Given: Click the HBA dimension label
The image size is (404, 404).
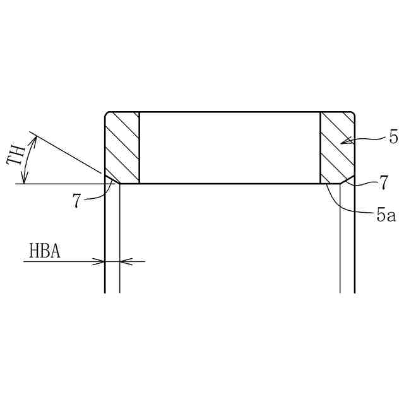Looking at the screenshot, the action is [x=45, y=251].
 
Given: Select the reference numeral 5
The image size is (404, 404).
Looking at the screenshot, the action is [x=393, y=138].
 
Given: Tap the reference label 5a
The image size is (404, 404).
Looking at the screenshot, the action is [x=386, y=215].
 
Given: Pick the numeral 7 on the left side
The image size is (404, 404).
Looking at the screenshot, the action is [x=76, y=201].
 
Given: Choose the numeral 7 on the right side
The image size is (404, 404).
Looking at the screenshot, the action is [x=384, y=182].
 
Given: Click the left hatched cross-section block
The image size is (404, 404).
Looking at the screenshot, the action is [x=122, y=147].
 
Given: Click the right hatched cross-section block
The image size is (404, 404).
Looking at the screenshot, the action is [x=337, y=147].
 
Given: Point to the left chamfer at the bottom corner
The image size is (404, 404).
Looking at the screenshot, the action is [x=112, y=179].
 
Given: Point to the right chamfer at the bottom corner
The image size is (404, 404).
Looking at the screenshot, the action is [x=347, y=179].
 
